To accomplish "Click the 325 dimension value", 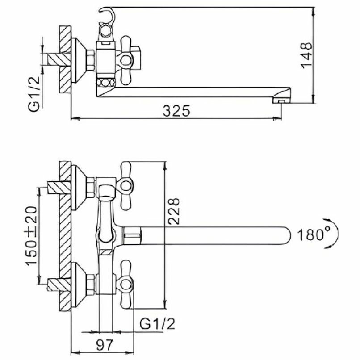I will (176, 111).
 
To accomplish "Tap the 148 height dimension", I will (307, 55).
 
